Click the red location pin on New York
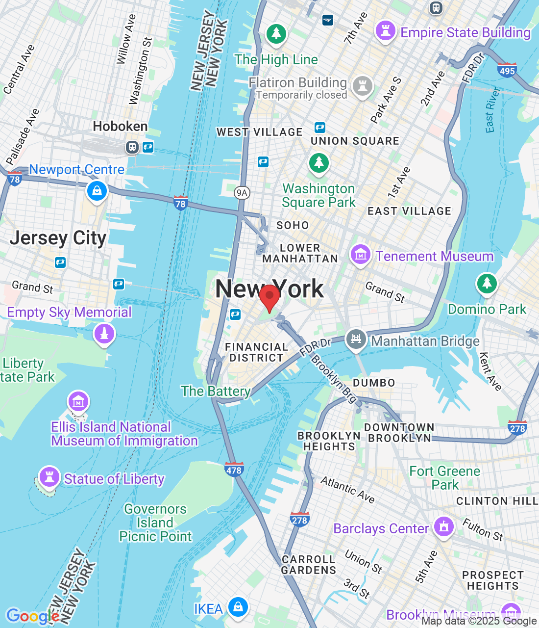tap(269, 297)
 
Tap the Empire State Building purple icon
tap(385, 31)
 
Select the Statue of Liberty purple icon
tap(49, 476)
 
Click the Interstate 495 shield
tap(507, 70)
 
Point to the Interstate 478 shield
tap(234, 469)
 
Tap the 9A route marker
tap(242, 193)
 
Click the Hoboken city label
tap(120, 127)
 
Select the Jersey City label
tap(58, 238)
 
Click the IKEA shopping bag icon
tap(238, 606)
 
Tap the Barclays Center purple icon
tap(444, 527)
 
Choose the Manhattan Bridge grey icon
tap(356, 339)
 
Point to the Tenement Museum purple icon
tap(360, 255)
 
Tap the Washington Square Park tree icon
tap(319, 162)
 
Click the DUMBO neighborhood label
tap(374, 383)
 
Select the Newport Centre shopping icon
tap(97, 190)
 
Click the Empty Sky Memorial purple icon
tap(104, 334)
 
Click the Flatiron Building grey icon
tap(363, 86)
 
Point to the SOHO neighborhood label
tap(293, 225)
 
